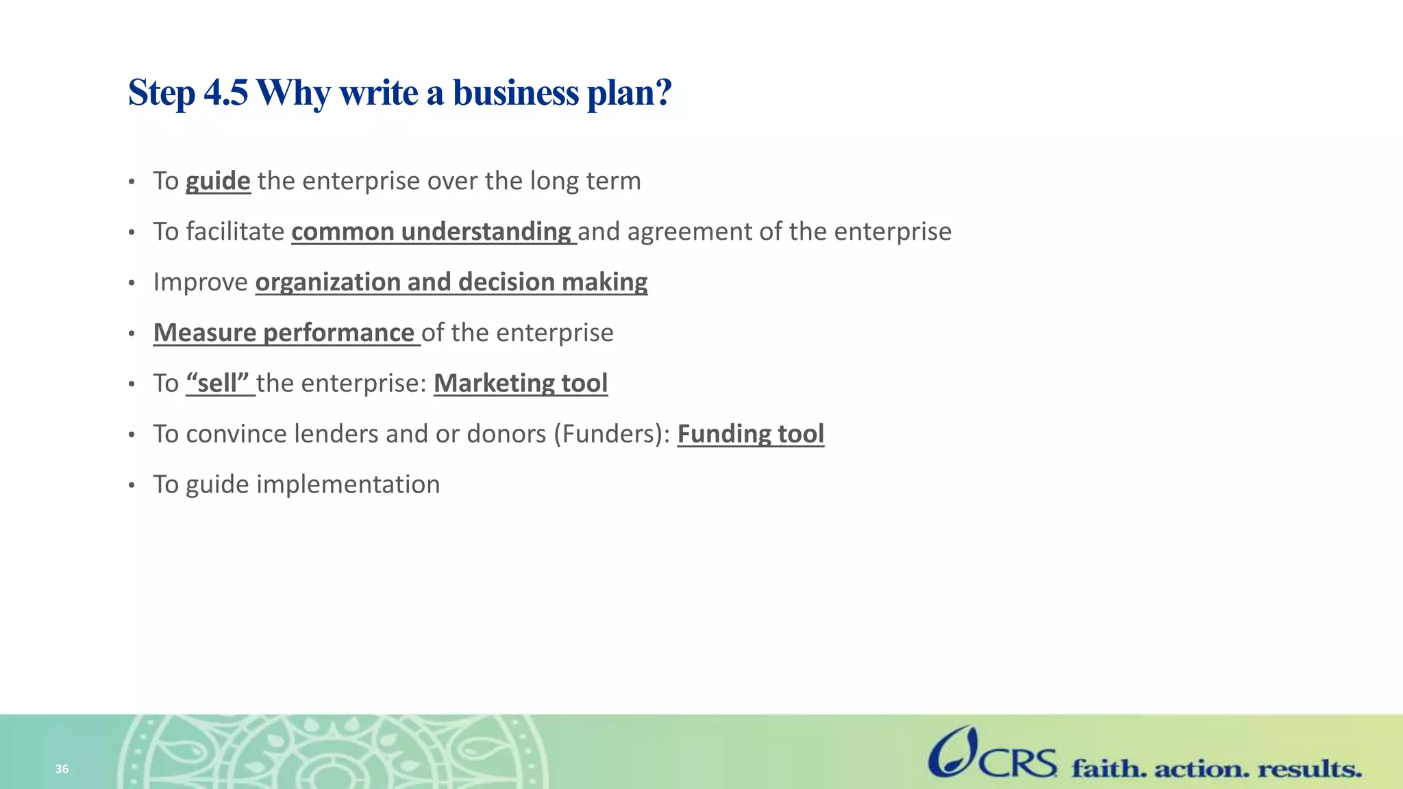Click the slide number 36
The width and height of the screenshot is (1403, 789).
click(62, 769)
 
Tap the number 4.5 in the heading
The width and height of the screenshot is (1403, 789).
click(226, 92)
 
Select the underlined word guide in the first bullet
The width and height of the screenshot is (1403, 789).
click(218, 181)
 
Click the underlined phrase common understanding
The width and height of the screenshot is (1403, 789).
click(432, 232)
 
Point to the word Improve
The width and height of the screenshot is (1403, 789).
click(200, 282)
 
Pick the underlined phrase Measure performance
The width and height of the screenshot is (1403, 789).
click(284, 333)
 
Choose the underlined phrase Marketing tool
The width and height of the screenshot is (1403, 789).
click(521, 384)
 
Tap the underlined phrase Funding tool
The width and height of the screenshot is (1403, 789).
click(750, 434)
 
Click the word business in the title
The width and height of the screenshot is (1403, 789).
click(515, 92)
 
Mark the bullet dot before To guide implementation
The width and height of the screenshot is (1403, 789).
click(132, 486)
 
